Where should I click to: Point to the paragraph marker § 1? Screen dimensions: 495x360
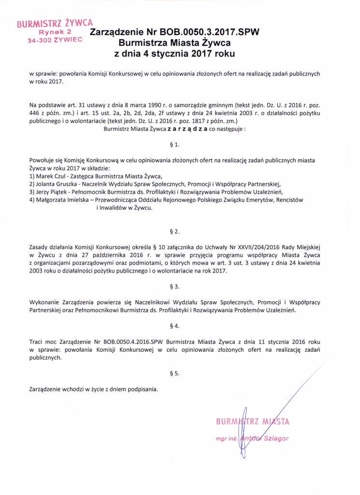[176, 145]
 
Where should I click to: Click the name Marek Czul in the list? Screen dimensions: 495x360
[51, 175]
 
